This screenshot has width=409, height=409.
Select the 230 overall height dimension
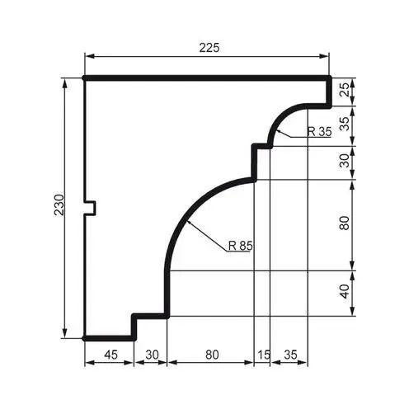point(59,206)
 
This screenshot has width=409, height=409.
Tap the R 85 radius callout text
point(240,245)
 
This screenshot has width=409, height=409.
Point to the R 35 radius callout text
point(319,132)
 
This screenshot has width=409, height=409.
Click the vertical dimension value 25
point(345,92)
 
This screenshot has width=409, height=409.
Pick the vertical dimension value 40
point(345,291)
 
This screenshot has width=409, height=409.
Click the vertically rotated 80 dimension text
point(345,223)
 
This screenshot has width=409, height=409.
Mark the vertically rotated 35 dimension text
point(345,124)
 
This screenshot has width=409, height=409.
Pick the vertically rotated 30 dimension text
point(345,162)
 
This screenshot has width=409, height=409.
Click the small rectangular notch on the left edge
point(91,208)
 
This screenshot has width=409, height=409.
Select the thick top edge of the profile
point(206,78)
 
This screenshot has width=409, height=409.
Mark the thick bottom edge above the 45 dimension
point(110,337)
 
